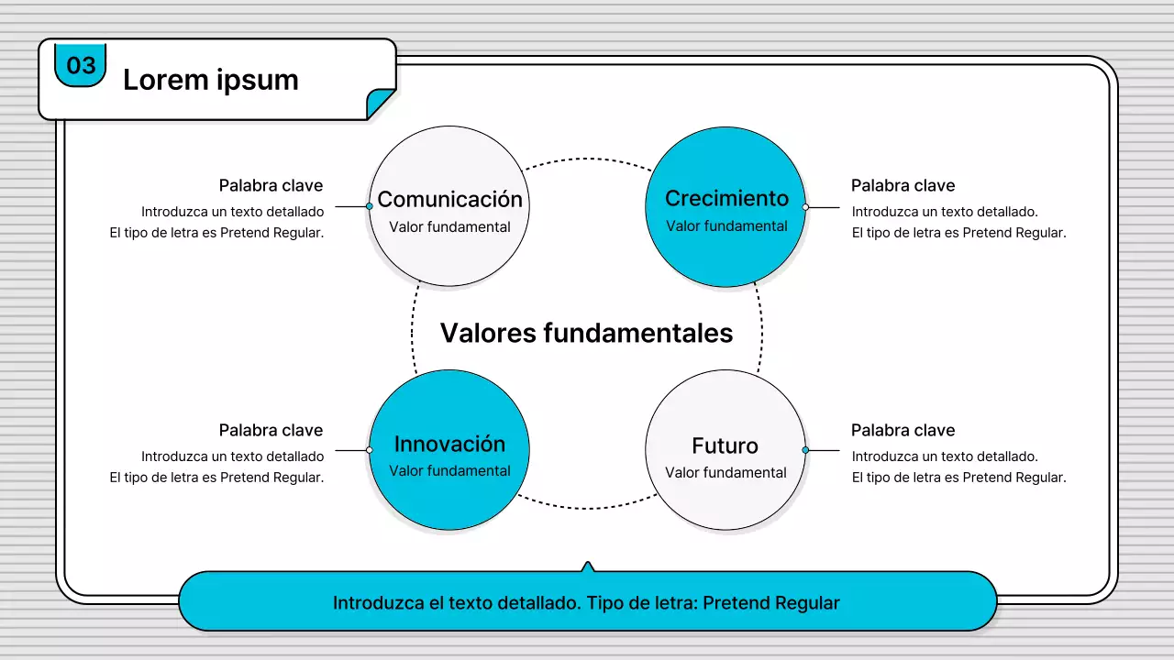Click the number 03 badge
pyautogui.click(x=81, y=65)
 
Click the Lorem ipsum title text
pyautogui.click(x=210, y=80)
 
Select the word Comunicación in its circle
pyautogui.click(x=449, y=199)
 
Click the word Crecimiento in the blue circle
pyautogui.click(x=726, y=198)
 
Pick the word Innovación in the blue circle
pyautogui.click(x=449, y=444)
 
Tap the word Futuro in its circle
pyautogui.click(x=725, y=445)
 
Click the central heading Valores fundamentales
pyautogui.click(x=586, y=332)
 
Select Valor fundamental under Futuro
pyautogui.click(x=725, y=473)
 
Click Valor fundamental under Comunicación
pyautogui.click(x=449, y=227)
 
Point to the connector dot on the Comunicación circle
pyautogui.click(x=370, y=206)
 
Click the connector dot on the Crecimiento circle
pyautogui.click(x=805, y=207)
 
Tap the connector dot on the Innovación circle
pyautogui.click(x=370, y=450)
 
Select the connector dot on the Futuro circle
pyautogui.click(x=805, y=450)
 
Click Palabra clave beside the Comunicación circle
pyautogui.click(x=271, y=185)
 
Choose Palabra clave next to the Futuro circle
pyautogui.click(x=903, y=430)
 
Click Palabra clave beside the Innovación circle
pyautogui.click(x=271, y=430)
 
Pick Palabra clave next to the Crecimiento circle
pyautogui.click(x=903, y=185)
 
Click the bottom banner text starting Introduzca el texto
pyautogui.click(x=586, y=603)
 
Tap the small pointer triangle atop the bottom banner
pyautogui.click(x=588, y=566)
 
